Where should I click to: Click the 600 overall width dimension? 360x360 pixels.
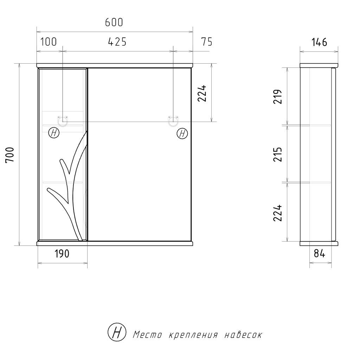pos(114,22)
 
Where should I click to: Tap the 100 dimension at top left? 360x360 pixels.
pos(49,42)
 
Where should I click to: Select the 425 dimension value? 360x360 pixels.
pos(117,42)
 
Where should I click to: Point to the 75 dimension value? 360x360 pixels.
pos(207,42)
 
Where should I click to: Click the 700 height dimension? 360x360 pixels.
pos(10,155)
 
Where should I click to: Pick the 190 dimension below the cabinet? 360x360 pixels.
pos(62,254)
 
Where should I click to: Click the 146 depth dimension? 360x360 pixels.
pos(319,42)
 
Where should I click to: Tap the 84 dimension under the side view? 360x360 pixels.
pos(319,253)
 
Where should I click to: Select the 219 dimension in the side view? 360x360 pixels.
pos(277,97)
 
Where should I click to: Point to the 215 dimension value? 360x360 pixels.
pos(277,154)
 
